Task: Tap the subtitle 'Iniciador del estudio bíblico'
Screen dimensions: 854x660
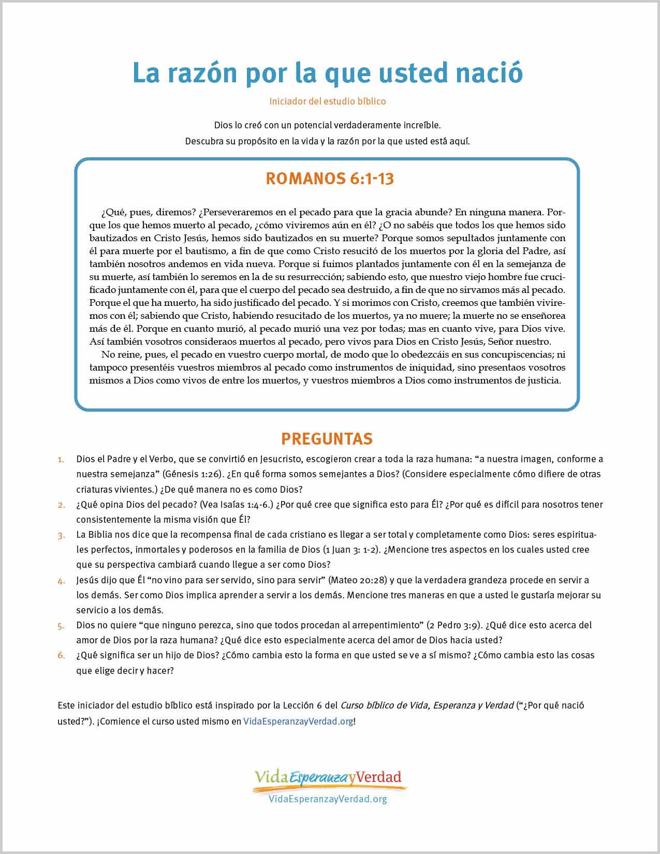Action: coord(327,101)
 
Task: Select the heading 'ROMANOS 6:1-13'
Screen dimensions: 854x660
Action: coord(329,179)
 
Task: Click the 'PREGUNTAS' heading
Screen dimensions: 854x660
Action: coord(327,439)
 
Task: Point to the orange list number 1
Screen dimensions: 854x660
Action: coord(61,460)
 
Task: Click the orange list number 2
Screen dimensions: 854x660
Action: coord(61,505)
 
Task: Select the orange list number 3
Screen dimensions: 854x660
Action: coord(61,535)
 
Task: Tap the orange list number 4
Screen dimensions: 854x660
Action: coord(61,581)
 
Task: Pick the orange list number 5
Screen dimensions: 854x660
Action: coord(61,626)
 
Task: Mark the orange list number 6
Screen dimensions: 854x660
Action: coord(61,656)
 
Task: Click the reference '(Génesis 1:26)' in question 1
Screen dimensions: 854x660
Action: coord(193,474)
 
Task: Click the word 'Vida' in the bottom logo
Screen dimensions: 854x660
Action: coord(271,776)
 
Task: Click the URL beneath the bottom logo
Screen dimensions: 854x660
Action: coord(328,799)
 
